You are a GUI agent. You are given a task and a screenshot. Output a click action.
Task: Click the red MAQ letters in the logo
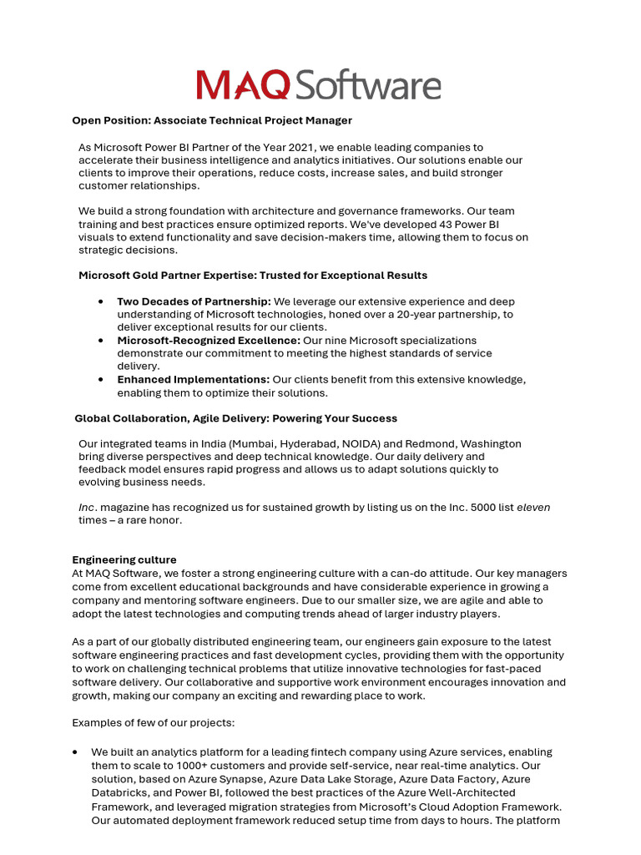coord(243,85)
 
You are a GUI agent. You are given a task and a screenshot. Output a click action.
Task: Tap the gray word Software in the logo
coord(367,85)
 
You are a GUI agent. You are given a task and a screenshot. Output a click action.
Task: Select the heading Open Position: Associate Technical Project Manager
coord(212,121)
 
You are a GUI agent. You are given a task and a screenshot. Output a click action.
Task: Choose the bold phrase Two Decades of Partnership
coord(194,301)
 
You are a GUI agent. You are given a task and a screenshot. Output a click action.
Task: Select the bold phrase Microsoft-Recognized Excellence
coord(209,341)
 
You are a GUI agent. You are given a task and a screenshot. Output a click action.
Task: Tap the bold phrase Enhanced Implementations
coord(193,380)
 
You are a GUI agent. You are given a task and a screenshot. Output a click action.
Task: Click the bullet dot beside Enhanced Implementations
coord(101,380)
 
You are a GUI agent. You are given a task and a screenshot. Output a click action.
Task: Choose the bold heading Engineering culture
coord(124,559)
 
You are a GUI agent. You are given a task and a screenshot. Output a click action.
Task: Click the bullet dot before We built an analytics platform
coord(77,752)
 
